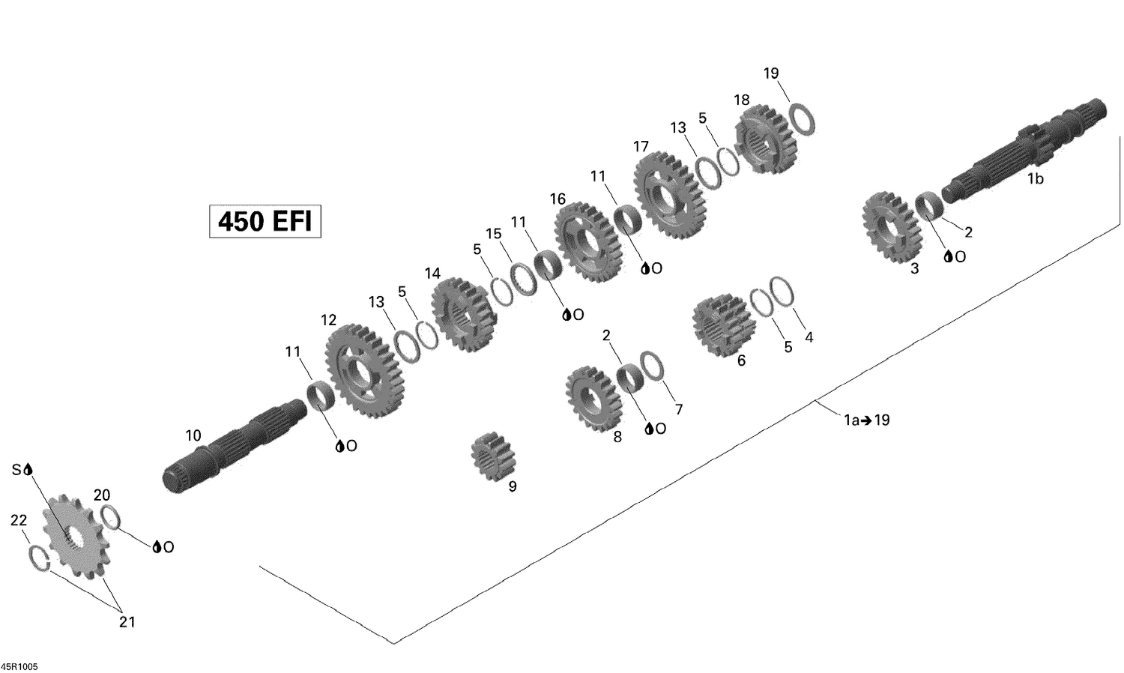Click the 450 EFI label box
point(265,222)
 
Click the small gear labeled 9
point(491,453)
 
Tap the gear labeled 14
point(464,314)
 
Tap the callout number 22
point(19,520)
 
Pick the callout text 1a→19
point(867,420)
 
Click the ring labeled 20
point(110,518)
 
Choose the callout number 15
point(493,234)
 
